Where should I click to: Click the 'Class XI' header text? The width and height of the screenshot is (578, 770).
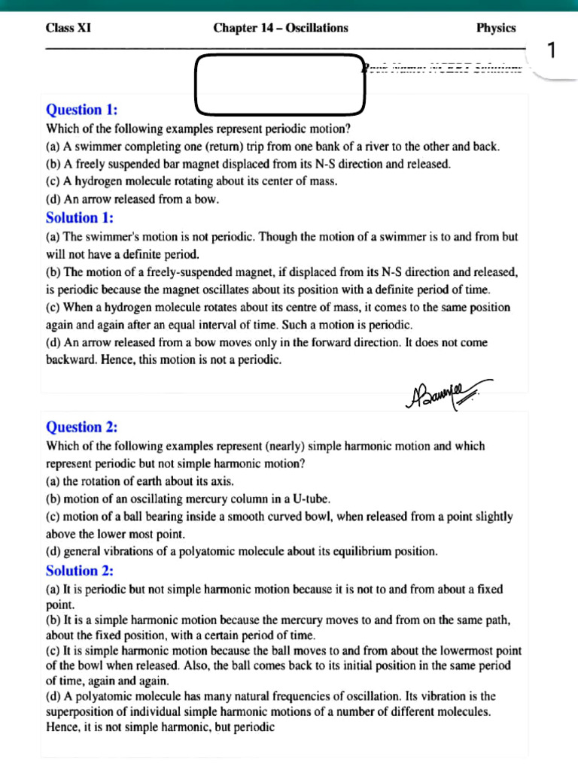(x=68, y=28)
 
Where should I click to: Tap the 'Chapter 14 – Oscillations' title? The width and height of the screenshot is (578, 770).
(x=281, y=28)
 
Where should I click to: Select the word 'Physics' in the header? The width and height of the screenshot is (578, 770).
(x=496, y=28)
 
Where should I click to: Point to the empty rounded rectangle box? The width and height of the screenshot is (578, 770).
(x=280, y=82)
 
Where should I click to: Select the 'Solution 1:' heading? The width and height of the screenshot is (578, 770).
(x=80, y=218)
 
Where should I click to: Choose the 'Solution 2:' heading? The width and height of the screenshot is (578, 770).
(x=80, y=571)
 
